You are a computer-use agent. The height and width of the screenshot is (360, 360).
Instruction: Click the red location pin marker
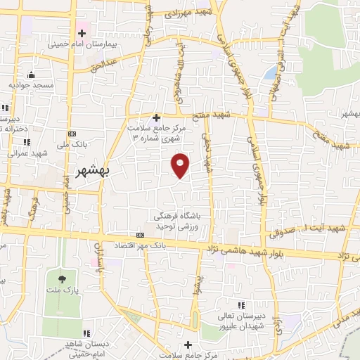point(181,164)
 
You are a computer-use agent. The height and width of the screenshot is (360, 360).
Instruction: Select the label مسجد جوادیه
point(31,85)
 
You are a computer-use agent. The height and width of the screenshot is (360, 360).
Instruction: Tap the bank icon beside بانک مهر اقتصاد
point(139,234)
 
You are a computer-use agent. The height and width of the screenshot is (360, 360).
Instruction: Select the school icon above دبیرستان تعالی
point(240,305)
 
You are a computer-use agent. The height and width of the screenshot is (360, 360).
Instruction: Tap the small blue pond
point(271,72)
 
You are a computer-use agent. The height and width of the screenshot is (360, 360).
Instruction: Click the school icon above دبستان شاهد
point(87,333)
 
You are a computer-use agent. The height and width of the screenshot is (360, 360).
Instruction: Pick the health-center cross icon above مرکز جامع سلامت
point(156,117)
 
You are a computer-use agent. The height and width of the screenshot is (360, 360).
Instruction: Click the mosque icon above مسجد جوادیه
point(30,75)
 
